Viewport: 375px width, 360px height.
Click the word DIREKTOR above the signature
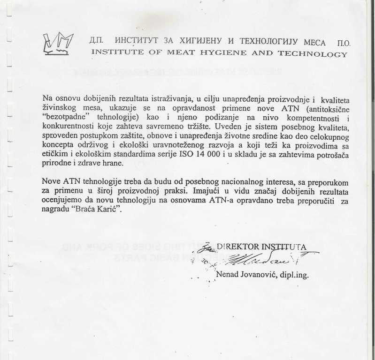pyautogui.click(x=237, y=247)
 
